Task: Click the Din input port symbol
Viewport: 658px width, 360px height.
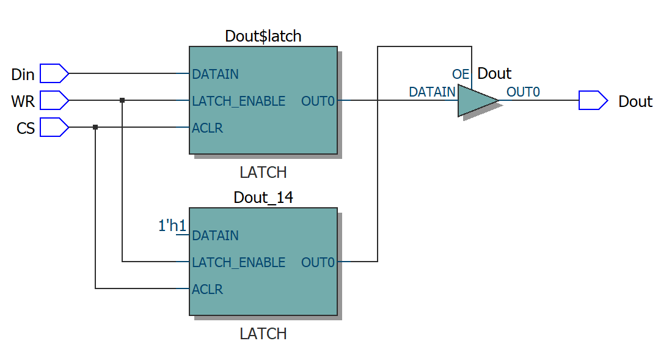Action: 54,73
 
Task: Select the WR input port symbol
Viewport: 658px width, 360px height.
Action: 54,100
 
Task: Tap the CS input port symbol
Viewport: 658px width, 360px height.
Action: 54,127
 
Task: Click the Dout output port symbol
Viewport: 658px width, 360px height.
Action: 593,100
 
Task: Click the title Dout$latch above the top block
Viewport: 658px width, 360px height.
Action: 263,36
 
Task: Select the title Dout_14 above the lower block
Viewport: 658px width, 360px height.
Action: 263,197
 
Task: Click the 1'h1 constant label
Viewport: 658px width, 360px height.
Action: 172,226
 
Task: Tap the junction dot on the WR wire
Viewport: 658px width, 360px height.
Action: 122,100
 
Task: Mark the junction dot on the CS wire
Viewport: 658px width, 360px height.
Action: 95,127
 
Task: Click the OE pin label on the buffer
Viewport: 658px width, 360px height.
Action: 461,75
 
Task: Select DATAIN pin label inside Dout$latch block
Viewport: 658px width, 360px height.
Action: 215,75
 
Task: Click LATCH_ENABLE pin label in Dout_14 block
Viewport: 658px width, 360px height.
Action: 238,263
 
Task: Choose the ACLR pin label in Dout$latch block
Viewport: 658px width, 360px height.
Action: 207,128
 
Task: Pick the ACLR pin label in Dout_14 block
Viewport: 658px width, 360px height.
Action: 207,290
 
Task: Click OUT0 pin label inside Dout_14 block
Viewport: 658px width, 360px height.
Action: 318,263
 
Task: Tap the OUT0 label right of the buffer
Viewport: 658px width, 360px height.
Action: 523,92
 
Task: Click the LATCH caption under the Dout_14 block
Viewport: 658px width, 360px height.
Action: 263,334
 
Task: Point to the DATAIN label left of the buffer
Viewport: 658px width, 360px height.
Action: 432,92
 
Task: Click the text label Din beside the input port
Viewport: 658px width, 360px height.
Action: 23,75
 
